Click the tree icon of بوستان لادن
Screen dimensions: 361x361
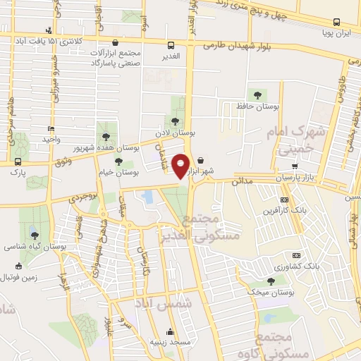click(x=176, y=121)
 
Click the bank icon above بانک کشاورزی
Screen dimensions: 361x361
click(x=296, y=256)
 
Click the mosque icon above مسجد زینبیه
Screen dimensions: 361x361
click(x=169, y=331)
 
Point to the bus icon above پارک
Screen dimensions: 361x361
click(x=18, y=161)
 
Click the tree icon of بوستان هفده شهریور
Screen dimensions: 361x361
click(x=106, y=136)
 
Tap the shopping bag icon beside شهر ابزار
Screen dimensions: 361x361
click(x=202, y=161)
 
